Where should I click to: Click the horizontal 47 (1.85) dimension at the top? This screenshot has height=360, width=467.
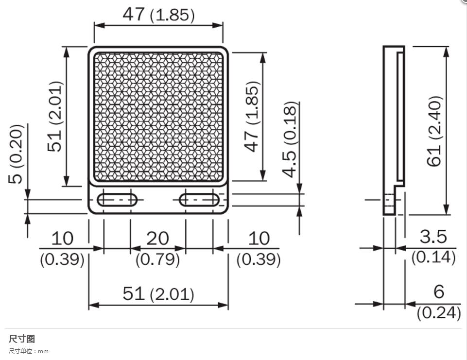[x=158, y=15]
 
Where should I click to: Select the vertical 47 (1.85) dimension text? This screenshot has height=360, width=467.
[x=252, y=117]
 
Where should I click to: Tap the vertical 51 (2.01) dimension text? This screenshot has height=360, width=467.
[x=55, y=117]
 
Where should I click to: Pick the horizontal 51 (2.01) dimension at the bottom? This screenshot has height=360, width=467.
[x=158, y=294]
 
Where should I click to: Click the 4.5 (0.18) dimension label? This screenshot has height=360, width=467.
[x=290, y=139]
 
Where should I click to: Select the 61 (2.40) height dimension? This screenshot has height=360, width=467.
[x=434, y=131]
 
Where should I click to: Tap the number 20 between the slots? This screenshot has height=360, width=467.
[x=157, y=239]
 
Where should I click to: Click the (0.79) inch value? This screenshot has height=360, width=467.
[x=157, y=259]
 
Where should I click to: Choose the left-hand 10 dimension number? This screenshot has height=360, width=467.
[x=62, y=239]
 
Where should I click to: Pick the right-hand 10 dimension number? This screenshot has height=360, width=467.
[x=259, y=239]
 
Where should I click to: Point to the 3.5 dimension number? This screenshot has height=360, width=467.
[x=433, y=237]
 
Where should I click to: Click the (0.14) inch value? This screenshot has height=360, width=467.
[x=433, y=257]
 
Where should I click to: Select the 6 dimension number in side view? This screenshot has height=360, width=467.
[x=438, y=291]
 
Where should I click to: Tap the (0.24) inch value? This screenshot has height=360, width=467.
[x=438, y=313]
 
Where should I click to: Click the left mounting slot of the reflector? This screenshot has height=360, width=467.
[x=117, y=200]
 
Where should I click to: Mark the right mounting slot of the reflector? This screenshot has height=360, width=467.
[x=199, y=200]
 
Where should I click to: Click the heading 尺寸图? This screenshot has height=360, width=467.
[x=22, y=339]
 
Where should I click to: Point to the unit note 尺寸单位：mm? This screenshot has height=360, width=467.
[x=29, y=351]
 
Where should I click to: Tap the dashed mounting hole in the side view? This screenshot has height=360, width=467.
[x=389, y=200]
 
